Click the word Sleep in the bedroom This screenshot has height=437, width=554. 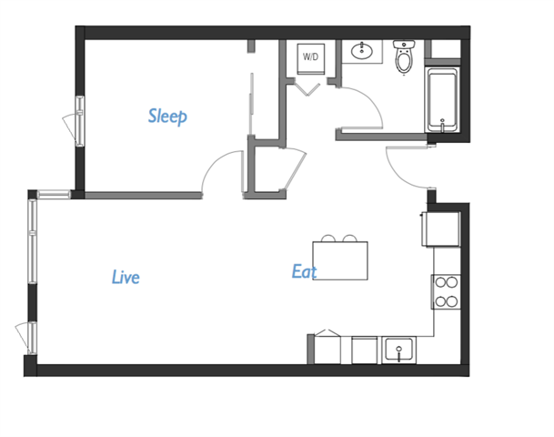(x=167, y=117)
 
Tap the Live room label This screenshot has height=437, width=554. (x=126, y=277)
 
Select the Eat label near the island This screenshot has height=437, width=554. (x=304, y=271)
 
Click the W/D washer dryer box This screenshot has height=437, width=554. (x=311, y=56)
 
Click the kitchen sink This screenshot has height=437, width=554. (x=399, y=349)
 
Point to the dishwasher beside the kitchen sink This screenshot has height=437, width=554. (x=365, y=349)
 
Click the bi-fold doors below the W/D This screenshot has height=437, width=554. (x=307, y=89)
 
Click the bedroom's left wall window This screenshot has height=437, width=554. (x=79, y=118)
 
